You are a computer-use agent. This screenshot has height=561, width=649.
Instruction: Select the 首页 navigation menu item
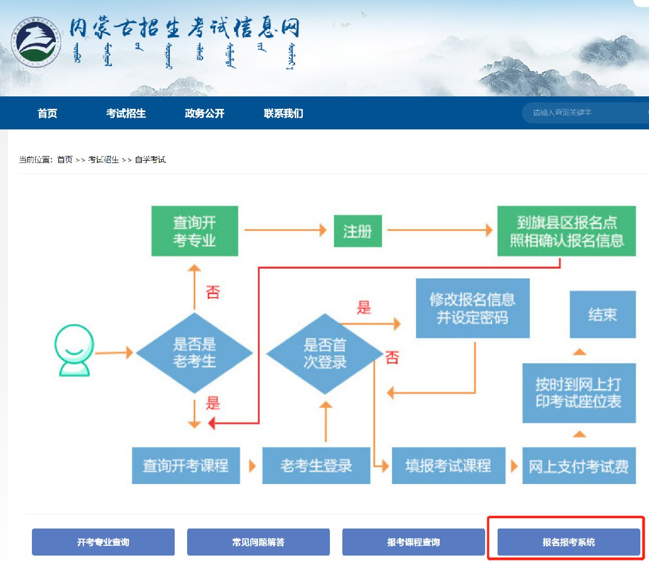point(47,114)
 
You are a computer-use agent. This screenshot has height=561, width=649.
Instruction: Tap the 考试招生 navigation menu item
point(126,114)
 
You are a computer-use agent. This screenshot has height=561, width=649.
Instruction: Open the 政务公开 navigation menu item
point(204,114)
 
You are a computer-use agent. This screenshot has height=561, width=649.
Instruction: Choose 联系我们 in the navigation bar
point(283,114)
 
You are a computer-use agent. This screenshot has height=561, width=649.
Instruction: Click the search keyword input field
point(584,113)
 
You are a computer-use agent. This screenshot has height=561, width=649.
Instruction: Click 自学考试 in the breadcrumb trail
point(150,160)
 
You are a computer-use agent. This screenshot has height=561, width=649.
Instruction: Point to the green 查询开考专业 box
point(195,231)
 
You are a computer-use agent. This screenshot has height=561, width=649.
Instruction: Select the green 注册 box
point(357,231)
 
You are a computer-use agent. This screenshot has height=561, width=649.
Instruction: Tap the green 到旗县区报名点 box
point(566,231)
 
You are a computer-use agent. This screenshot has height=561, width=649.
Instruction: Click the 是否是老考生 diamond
point(194,353)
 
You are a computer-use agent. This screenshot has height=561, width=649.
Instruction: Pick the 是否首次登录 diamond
point(325,353)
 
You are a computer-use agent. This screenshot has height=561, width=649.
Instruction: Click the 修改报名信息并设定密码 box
point(472,308)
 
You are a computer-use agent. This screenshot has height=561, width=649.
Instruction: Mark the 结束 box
point(602,315)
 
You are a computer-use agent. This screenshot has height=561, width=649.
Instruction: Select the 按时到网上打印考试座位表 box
point(579,393)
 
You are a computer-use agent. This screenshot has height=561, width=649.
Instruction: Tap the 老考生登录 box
point(316,466)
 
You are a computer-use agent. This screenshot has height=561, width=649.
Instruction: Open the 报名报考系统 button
point(568,542)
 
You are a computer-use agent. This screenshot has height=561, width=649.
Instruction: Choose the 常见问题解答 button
point(258,542)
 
